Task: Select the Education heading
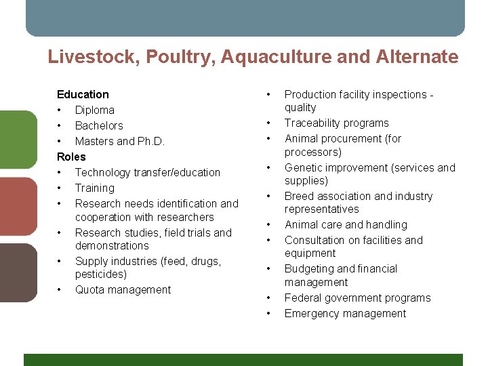pos(83,94)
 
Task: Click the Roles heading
pos(71,157)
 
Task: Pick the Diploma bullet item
pos(94,110)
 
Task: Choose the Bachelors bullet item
pos(99,125)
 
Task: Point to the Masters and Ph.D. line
pos(119,141)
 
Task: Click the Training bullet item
pos(94,188)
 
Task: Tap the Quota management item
pos(123,289)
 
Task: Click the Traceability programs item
pos(336,123)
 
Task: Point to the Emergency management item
pos(345,313)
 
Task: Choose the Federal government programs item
pos(357,298)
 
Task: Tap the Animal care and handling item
pos(346,224)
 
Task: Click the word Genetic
pos(302,167)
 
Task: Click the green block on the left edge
pos(18,138)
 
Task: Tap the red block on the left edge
pos(18,205)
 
